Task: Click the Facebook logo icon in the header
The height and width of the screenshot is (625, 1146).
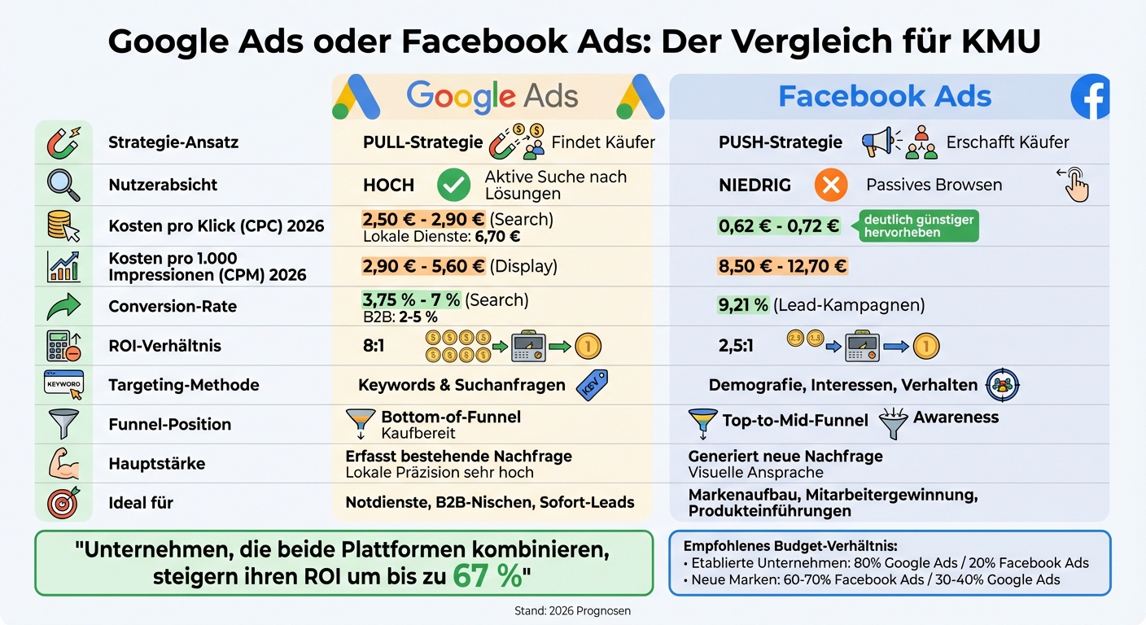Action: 1091,97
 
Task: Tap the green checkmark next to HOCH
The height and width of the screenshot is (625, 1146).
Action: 453,186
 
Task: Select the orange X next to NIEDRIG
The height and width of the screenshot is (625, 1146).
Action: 830,186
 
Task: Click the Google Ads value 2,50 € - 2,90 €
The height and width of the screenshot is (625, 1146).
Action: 423,220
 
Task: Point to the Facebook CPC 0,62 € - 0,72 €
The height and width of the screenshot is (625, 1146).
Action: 779,226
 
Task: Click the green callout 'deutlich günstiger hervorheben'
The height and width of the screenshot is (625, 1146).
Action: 918,226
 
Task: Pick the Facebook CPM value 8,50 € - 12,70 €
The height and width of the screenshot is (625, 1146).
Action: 782,266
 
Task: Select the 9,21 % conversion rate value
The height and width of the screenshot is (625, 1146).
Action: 743,305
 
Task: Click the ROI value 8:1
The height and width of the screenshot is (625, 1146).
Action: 374,346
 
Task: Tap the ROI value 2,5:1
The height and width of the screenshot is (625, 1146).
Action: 737,346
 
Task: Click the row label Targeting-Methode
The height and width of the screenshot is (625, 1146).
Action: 183,385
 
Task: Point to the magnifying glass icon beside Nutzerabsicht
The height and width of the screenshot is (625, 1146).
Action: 63,185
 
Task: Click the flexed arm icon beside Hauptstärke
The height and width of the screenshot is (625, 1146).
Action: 63,463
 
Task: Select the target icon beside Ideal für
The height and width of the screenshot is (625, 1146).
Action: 63,502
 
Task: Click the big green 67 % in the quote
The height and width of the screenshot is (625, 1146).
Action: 487,576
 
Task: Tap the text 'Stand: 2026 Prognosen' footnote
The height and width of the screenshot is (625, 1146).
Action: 572,610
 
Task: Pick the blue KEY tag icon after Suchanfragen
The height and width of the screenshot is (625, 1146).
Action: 592,386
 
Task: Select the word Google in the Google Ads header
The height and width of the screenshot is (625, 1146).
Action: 461,96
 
